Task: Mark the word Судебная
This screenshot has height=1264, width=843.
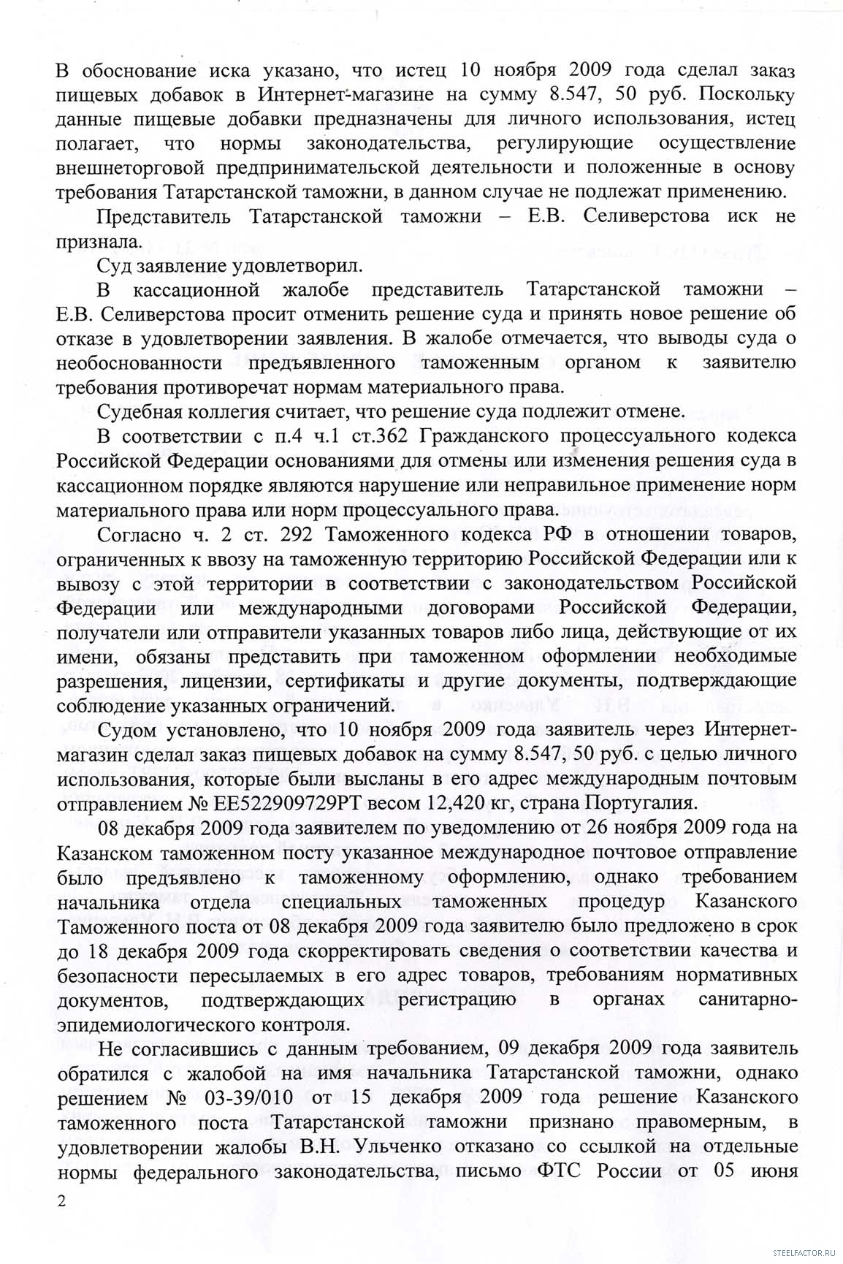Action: coord(139,411)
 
